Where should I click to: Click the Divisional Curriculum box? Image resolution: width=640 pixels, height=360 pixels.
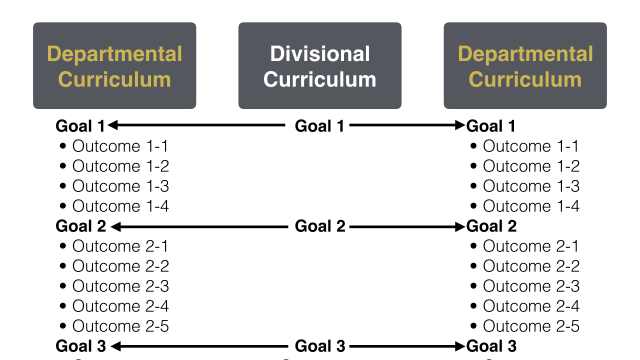point(320,66)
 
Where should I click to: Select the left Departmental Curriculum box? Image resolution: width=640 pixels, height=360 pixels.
point(115,66)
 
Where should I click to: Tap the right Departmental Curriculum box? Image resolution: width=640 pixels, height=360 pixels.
point(525,66)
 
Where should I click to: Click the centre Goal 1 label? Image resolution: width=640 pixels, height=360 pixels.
point(320,126)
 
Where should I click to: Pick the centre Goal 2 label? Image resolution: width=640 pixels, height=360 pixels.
point(320,226)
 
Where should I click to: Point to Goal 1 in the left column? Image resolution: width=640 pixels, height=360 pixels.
point(80,126)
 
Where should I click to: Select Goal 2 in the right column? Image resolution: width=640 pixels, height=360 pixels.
point(491,226)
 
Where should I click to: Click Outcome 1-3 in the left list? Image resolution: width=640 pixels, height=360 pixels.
point(121,186)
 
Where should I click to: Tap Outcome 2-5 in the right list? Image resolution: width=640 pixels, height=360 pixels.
point(531,326)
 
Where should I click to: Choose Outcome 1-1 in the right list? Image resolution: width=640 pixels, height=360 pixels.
point(531,146)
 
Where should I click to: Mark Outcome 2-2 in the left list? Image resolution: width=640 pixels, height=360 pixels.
point(121,266)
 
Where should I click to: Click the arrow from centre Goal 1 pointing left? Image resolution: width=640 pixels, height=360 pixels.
point(198,126)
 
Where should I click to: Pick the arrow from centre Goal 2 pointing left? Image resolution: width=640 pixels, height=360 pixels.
point(198,226)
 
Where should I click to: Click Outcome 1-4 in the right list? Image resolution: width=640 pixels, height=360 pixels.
point(531,206)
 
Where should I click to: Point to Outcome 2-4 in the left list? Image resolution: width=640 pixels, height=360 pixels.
point(121,306)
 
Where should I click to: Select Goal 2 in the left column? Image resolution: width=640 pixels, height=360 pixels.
point(80,226)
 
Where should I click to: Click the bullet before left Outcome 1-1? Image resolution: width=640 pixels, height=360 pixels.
point(63,147)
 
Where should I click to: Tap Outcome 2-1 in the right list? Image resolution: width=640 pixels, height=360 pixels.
point(531,246)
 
